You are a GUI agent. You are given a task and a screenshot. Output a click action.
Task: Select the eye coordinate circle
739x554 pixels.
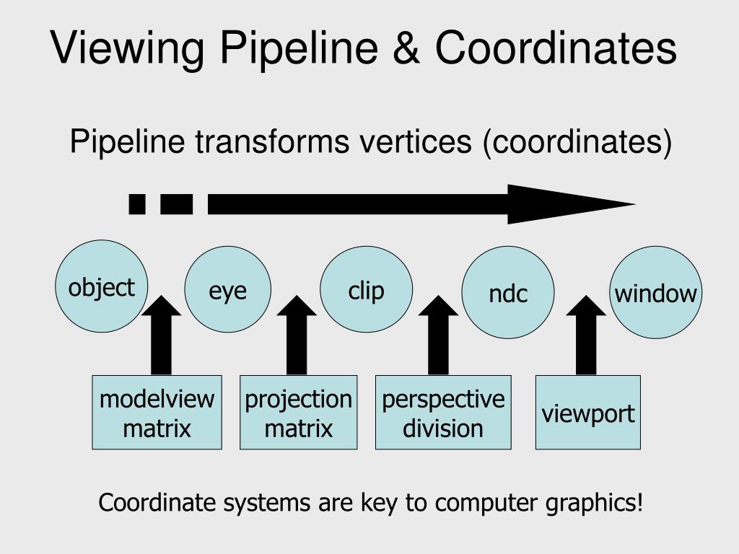[228, 289]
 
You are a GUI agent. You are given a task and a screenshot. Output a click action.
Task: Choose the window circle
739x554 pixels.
[655, 292]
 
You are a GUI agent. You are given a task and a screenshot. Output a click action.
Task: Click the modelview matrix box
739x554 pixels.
[157, 413]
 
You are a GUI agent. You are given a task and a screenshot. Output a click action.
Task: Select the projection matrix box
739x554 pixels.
[298, 413]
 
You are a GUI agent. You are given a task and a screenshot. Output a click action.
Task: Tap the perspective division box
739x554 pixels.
[443, 413]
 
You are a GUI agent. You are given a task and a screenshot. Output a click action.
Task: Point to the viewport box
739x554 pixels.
[587, 413]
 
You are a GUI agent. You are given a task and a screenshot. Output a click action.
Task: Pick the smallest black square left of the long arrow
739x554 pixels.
[137, 204]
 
